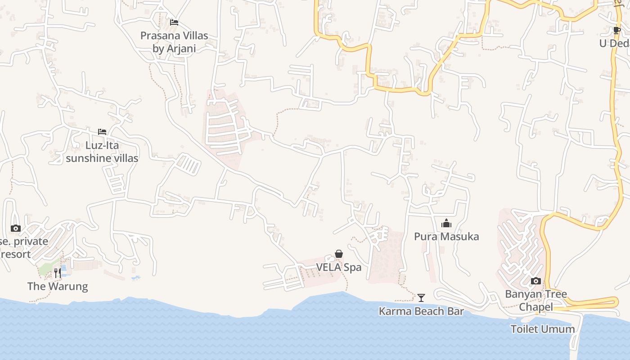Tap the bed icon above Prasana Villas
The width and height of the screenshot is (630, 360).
tap(174, 22)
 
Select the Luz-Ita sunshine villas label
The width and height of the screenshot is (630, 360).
tap(102, 152)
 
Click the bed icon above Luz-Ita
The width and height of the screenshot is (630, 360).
tap(102, 132)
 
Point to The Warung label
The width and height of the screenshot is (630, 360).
tap(58, 286)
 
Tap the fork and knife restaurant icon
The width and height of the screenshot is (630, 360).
tap(57, 272)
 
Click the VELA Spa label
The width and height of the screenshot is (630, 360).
tap(339, 267)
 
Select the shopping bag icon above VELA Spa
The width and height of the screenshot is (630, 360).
tap(339, 254)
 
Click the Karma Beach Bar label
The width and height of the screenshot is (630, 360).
tap(421, 311)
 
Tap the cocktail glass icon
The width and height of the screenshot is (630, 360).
tap(421, 297)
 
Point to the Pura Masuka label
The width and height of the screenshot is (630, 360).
tap(446, 237)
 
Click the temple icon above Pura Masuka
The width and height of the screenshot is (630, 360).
tap(446, 223)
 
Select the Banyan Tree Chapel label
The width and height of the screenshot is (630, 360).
tap(536, 300)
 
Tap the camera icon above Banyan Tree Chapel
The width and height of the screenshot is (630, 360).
tap(536, 281)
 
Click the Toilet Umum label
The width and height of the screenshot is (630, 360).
tap(542, 329)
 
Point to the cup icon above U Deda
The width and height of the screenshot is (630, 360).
tap(616, 31)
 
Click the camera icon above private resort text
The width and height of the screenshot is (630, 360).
tap(15, 229)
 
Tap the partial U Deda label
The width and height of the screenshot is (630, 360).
tap(614, 44)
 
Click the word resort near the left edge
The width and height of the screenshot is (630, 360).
tap(16, 254)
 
